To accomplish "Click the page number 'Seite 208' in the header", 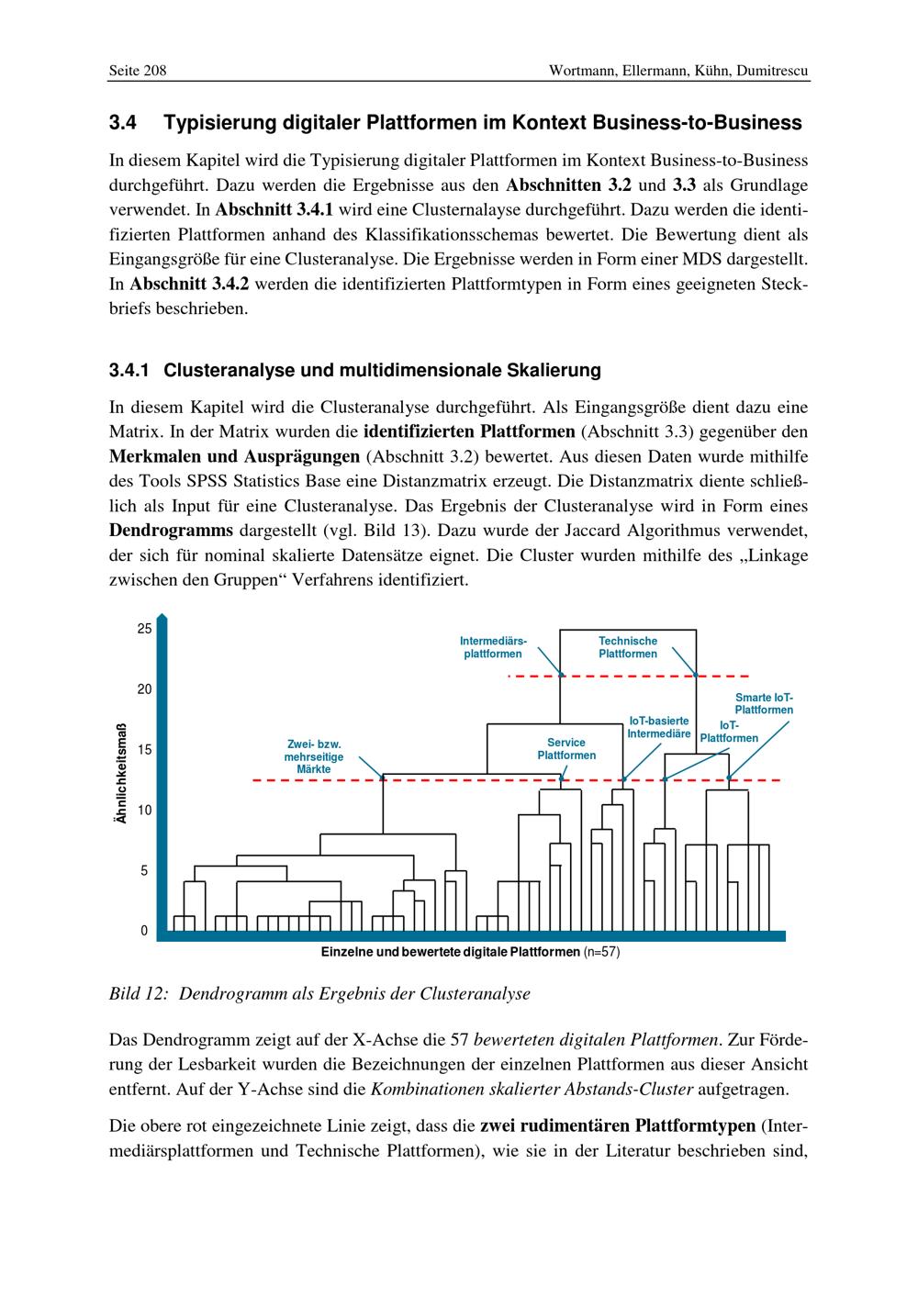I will (x=138, y=71).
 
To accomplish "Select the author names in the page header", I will (x=678, y=71).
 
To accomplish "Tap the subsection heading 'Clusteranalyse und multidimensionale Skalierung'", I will (x=382, y=371).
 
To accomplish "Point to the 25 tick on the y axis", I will (x=144, y=630).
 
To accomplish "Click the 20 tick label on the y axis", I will (x=144, y=689).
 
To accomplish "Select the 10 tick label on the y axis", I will (x=144, y=811).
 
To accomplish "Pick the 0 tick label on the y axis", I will (x=144, y=931).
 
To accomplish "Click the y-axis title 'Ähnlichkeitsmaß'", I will (x=120, y=775).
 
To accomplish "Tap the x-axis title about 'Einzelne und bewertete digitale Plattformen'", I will (x=450, y=952).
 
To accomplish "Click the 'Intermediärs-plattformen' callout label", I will (x=493, y=647).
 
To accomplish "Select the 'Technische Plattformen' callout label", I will (x=628, y=647).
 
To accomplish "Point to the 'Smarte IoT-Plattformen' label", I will (x=764, y=703).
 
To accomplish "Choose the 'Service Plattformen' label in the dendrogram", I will (x=566, y=749).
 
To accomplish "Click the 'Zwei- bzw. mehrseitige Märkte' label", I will (x=314, y=756).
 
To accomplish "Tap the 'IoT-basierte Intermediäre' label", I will (x=658, y=728).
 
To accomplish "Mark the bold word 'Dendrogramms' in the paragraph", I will (x=172, y=531).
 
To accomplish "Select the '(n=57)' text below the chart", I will (x=602, y=952).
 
